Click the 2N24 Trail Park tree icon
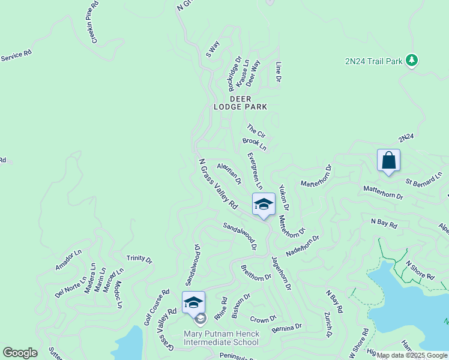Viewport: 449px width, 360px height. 411,61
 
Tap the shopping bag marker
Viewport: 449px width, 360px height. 388,161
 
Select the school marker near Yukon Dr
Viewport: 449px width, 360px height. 263,205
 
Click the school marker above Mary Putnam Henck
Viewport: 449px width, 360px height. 193,303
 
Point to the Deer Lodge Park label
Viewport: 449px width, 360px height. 240,103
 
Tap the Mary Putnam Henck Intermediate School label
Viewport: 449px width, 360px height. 221,338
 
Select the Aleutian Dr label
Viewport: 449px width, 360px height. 229,173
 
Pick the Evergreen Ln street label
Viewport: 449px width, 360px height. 255,170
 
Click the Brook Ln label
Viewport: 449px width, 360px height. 254,143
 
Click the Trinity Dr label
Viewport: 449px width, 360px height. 139,259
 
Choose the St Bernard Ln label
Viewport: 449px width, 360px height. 423,182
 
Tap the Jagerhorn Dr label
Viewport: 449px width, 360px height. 281,274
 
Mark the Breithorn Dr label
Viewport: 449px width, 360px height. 256,273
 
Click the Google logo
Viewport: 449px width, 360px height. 20,353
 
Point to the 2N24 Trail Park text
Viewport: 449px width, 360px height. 373,61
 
